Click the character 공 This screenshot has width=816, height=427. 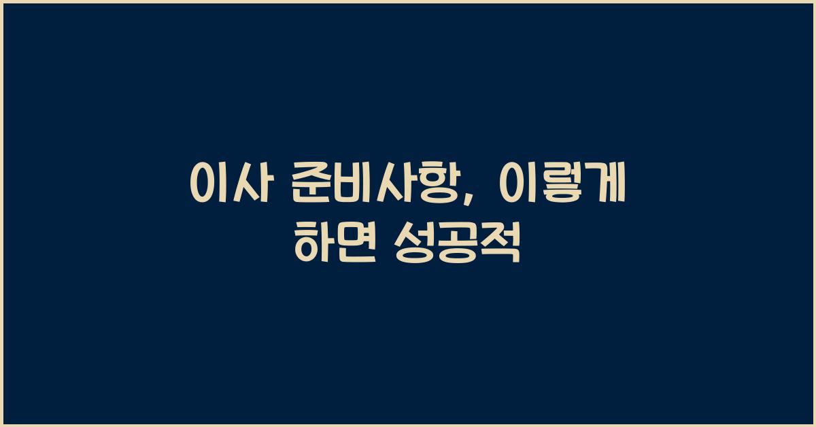(458, 244)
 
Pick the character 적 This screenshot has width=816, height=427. (502, 244)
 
